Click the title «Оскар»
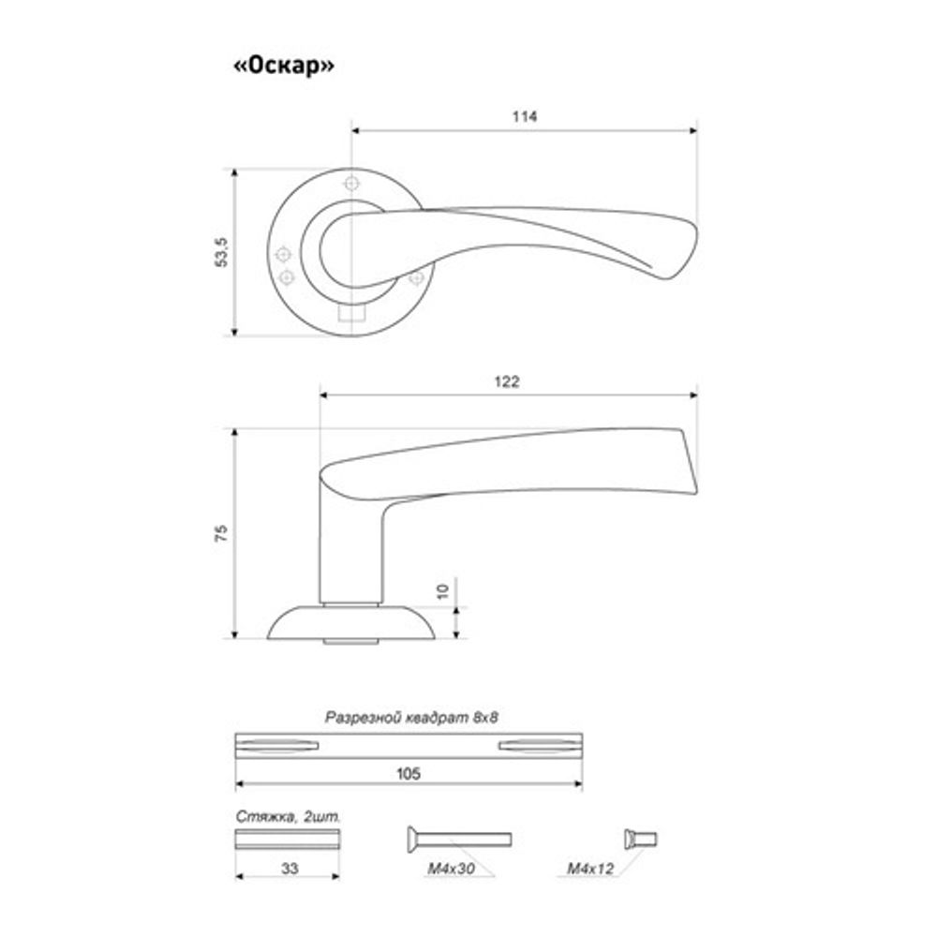(284, 66)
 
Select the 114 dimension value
(524, 116)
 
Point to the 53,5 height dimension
(221, 252)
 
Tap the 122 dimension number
(507, 381)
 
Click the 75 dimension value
(221, 533)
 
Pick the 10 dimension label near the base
(442, 591)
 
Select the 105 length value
(409, 774)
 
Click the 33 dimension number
(290, 869)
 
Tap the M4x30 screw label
(452, 869)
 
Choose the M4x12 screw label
(590, 869)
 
